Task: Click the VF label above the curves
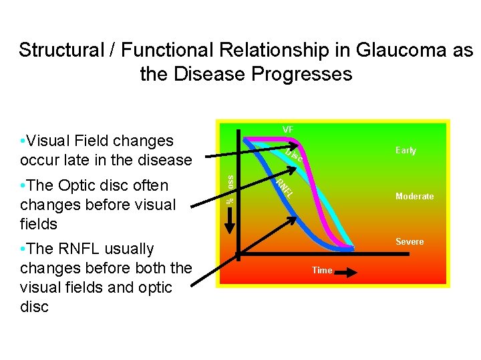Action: [x=288, y=129]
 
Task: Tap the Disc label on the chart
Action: [x=295, y=156]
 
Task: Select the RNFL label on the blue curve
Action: [x=285, y=186]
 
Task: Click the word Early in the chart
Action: [x=406, y=151]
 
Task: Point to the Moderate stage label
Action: [x=414, y=197]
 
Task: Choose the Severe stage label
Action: [x=410, y=241]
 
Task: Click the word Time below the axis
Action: [x=322, y=271]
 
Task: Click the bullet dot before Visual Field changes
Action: [x=23, y=141]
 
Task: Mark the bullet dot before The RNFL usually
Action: [x=23, y=249]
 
